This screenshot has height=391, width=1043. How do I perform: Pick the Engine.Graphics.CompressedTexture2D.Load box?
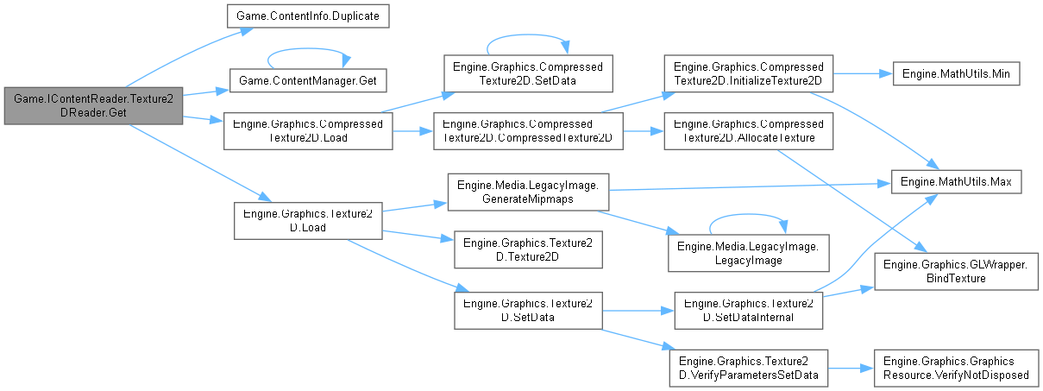(x=308, y=129)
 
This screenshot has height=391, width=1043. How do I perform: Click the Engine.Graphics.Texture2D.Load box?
(x=308, y=220)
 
